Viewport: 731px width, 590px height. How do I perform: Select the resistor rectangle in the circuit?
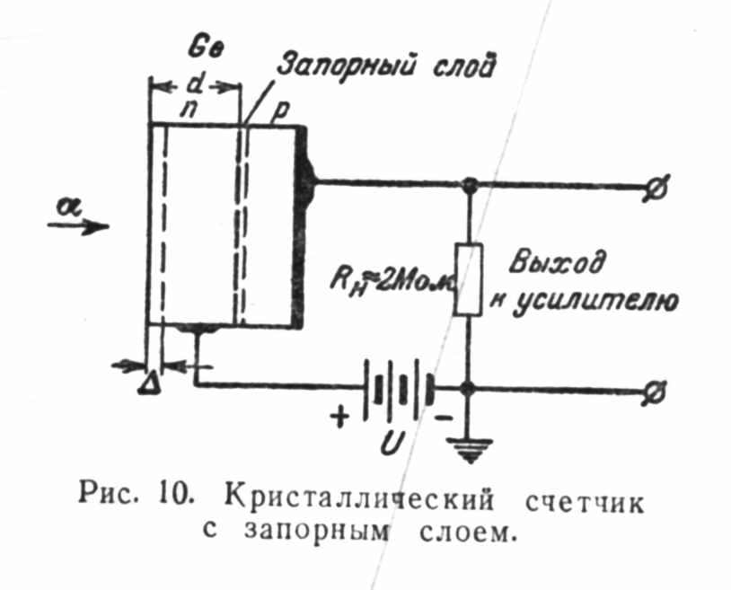click(468, 278)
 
